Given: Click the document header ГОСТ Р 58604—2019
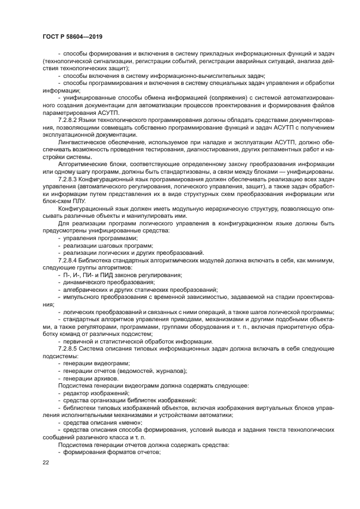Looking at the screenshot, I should (72, 36).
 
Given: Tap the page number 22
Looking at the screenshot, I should (46, 463).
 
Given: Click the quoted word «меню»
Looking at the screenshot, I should (125, 422).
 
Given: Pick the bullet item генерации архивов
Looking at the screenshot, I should (90, 378).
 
